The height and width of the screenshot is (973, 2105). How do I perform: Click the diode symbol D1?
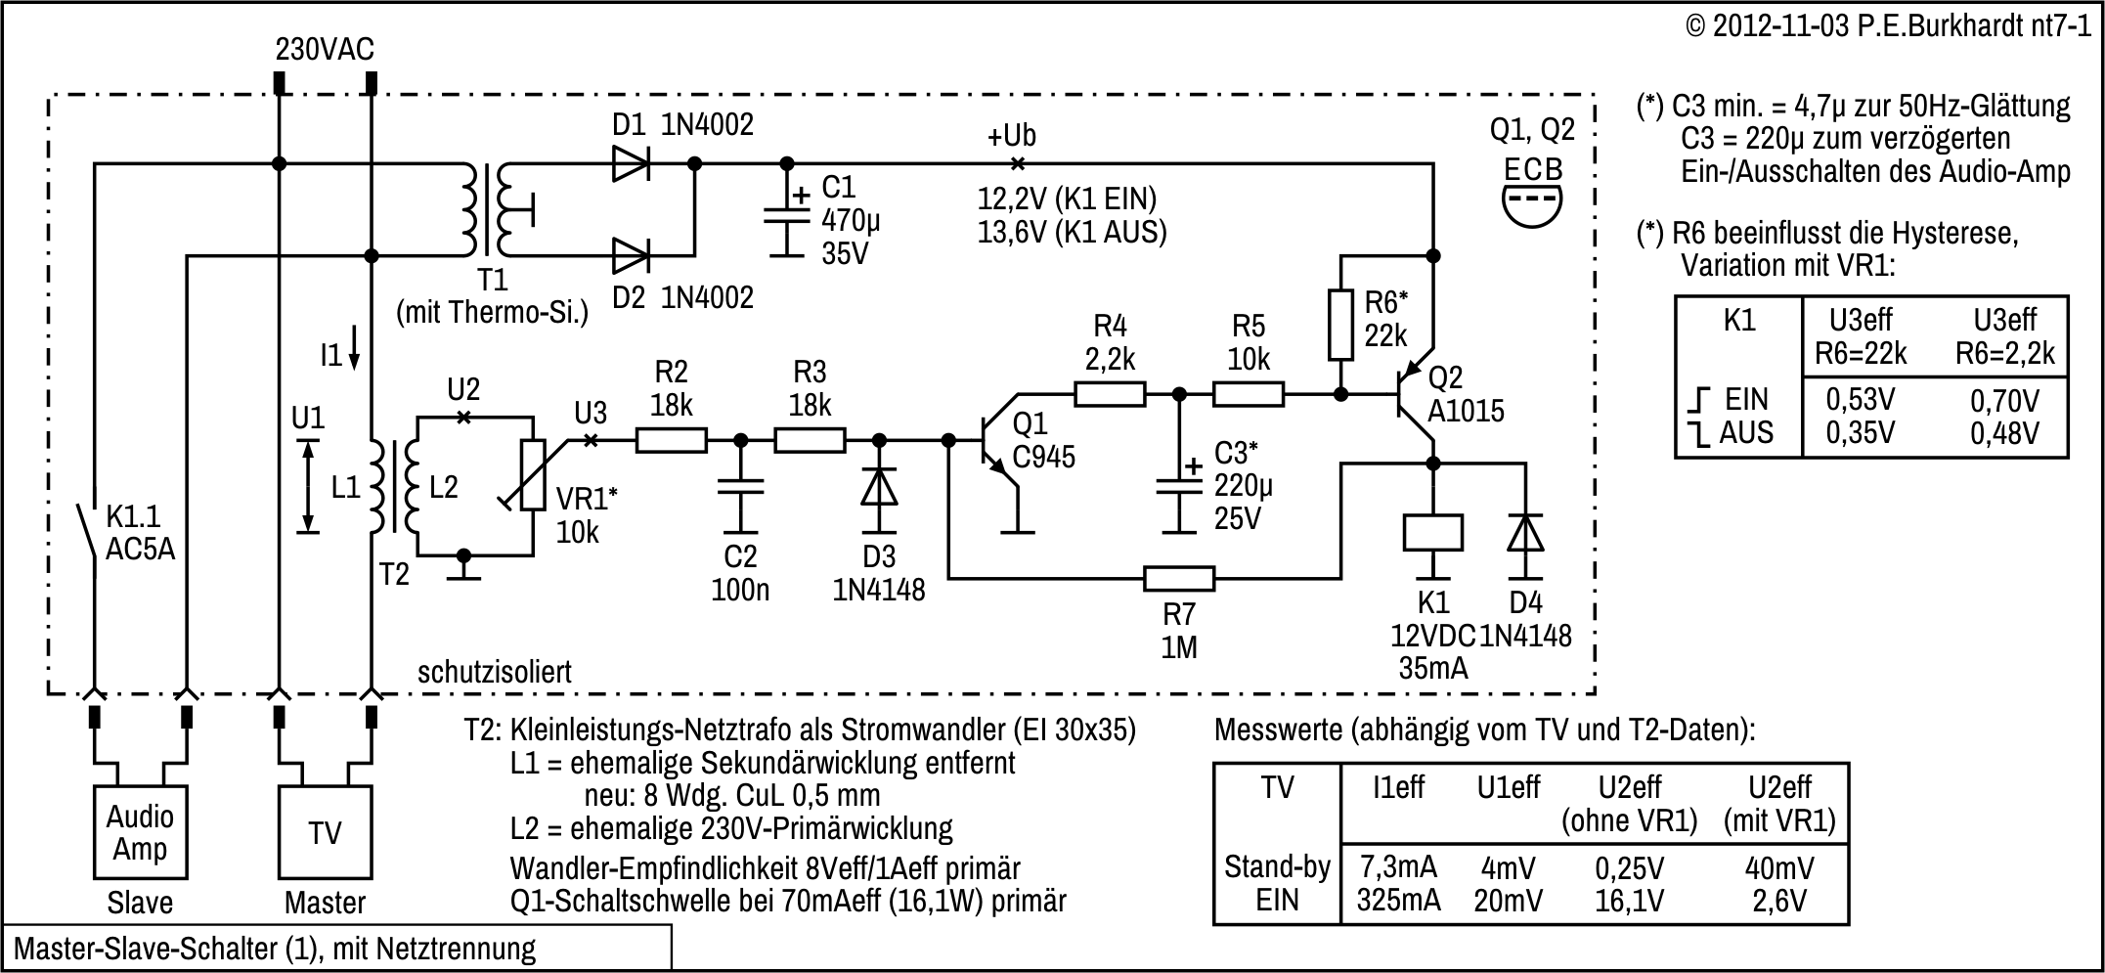631,163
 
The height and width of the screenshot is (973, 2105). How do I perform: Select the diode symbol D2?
631,256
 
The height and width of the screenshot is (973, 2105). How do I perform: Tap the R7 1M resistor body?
1179,579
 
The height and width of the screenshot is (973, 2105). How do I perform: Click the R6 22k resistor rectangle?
1341,324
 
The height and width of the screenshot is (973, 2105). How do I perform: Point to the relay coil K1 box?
1432,533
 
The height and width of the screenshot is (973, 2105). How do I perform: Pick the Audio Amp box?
140,832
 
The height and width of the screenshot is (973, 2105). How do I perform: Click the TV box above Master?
325,832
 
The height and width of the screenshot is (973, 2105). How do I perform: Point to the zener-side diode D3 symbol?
879,487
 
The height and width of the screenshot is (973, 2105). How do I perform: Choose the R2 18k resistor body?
671,441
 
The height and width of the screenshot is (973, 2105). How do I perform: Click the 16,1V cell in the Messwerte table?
1629,900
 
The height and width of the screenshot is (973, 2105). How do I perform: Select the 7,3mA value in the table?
1398,866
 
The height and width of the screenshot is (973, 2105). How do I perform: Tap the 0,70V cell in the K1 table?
2004,401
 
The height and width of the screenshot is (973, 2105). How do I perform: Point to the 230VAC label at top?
325,49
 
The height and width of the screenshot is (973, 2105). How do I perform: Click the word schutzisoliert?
494,672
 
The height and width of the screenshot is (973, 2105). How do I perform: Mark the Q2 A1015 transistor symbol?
1414,395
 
